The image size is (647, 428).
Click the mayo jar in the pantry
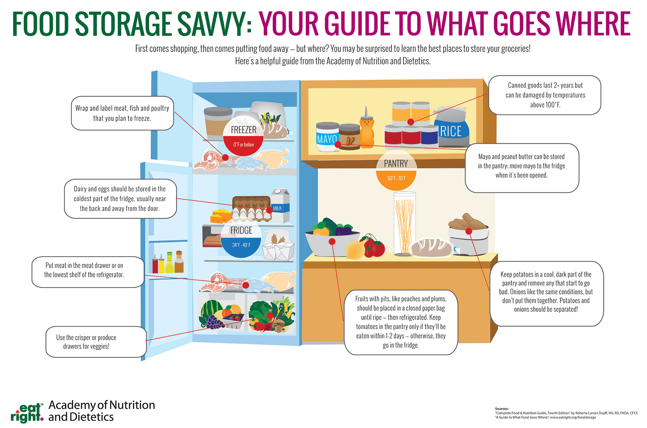click(327, 137)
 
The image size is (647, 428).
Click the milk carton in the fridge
click(280, 206)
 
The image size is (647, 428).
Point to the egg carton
click(252, 209)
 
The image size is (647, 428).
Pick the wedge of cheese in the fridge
click(221, 216)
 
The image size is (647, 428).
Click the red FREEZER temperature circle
click(244, 135)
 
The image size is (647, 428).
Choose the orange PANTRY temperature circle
click(396, 171)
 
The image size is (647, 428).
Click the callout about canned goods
click(545, 95)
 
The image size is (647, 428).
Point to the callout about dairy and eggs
click(120, 199)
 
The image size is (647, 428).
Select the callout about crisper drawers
click(96, 342)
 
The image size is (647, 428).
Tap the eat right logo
click(27, 413)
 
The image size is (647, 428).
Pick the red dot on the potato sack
click(469, 231)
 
